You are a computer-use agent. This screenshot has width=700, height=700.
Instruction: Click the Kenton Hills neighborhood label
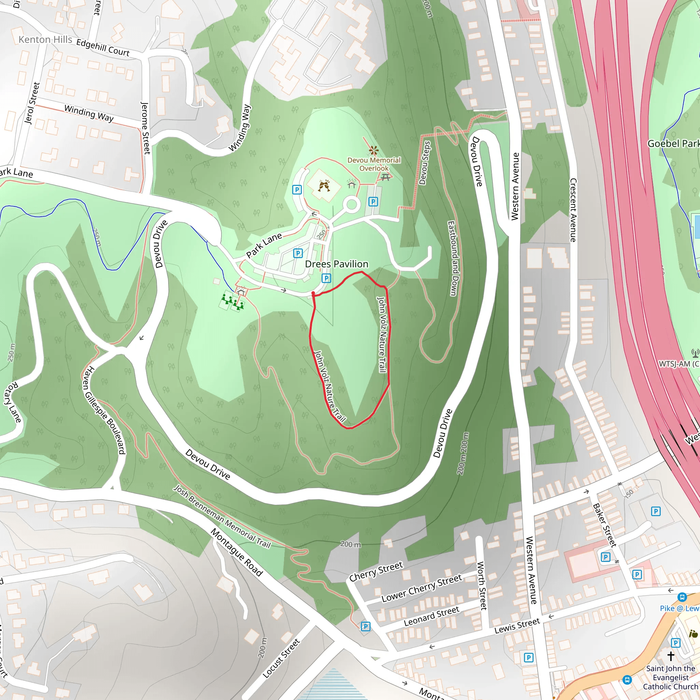pyautogui.click(x=45, y=40)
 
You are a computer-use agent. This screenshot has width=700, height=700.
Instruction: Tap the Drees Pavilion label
pyautogui.click(x=337, y=264)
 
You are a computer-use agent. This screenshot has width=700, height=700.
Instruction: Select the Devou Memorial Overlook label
pyautogui.click(x=374, y=164)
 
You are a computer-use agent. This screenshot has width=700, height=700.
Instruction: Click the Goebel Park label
pyautogui.click(x=673, y=144)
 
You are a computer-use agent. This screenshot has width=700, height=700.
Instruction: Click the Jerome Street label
pyautogui.click(x=145, y=128)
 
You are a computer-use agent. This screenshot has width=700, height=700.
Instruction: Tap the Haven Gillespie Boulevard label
pyautogui.click(x=104, y=410)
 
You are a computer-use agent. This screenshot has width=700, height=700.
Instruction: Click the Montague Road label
pyautogui.click(x=237, y=552)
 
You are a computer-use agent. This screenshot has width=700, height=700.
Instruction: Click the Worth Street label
pyautogui.click(x=482, y=585)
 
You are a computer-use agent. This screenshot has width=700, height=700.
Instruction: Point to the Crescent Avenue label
pyautogui.click(x=573, y=210)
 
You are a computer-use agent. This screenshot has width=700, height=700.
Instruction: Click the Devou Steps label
pyautogui.click(x=425, y=163)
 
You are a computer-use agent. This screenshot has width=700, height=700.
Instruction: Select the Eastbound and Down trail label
pyautogui.click(x=453, y=258)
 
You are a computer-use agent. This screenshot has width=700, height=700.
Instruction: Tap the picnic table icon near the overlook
pyautogui.click(x=386, y=177)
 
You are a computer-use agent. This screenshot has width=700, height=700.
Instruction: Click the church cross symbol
pyautogui.click(x=671, y=656)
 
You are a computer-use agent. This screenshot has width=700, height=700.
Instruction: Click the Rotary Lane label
pyautogui.click(x=12, y=402)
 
